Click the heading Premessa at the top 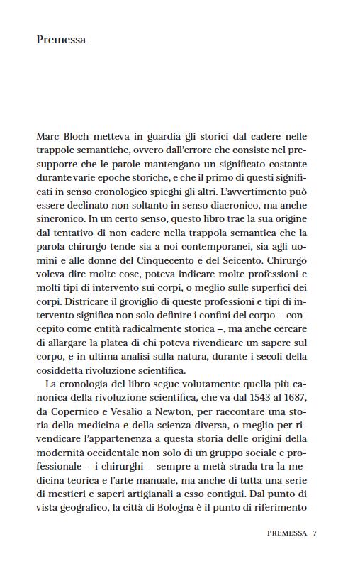coord(61,40)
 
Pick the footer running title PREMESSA coord(287,533)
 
